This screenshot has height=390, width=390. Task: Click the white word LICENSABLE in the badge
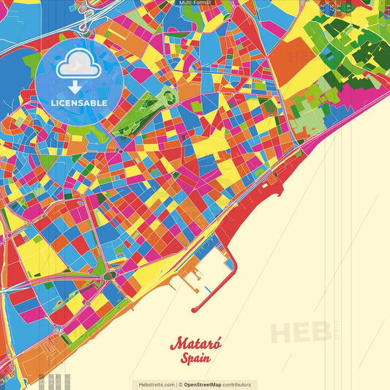(x=79, y=103)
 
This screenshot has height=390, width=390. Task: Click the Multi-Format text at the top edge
(x=195, y=3)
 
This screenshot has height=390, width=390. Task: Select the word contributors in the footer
(x=237, y=384)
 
